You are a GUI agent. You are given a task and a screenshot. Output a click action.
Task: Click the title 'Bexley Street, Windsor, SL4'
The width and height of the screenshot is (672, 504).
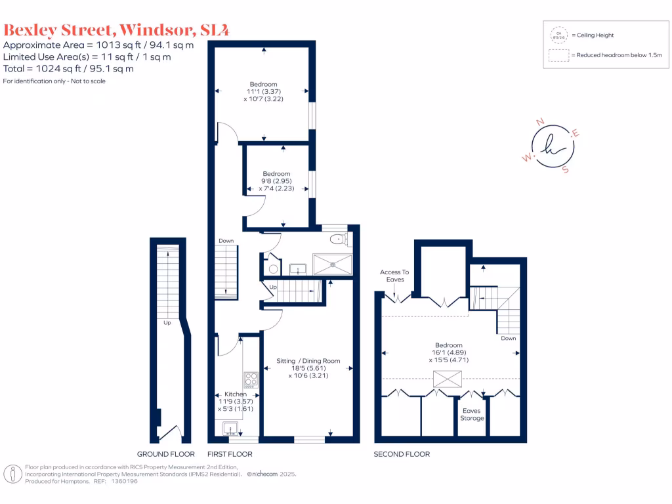pyautogui.click(x=116, y=30)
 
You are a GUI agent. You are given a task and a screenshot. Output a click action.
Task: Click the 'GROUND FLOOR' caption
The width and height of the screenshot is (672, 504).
pyautogui.click(x=165, y=454)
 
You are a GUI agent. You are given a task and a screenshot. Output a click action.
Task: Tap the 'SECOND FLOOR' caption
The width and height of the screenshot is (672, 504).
pyautogui.click(x=402, y=454)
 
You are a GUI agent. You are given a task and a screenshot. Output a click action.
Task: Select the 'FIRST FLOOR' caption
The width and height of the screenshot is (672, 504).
pyautogui.click(x=230, y=454)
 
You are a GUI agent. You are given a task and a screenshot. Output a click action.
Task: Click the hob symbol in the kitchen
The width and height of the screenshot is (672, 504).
pyautogui.click(x=251, y=380)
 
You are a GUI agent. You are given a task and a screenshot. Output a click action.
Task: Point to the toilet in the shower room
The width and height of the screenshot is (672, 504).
pyautogui.click(x=338, y=239)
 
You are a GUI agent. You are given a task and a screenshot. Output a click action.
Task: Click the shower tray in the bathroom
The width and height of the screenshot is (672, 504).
pyautogui.click(x=333, y=264)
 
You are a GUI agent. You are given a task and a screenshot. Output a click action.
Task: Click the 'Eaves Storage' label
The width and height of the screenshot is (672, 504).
pyautogui.click(x=472, y=415)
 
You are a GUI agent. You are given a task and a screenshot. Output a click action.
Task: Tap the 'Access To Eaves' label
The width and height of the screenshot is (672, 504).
pyautogui.click(x=394, y=276)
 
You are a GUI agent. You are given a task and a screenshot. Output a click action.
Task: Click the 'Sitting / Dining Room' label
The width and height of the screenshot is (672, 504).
pyautogui.click(x=308, y=361)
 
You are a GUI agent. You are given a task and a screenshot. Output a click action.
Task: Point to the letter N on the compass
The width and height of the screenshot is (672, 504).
pyautogui.click(x=540, y=122)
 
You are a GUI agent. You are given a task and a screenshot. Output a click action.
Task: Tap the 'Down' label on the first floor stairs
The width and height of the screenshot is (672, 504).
pyautogui.click(x=226, y=241)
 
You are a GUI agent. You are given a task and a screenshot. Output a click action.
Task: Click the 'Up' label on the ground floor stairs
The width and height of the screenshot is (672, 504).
pyautogui.click(x=167, y=323)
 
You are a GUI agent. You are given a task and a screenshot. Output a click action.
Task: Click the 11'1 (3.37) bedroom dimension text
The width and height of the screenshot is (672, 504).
pyautogui.click(x=262, y=91)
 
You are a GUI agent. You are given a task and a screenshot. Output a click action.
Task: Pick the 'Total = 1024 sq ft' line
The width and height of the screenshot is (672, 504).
pyautogui.click(x=69, y=68)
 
